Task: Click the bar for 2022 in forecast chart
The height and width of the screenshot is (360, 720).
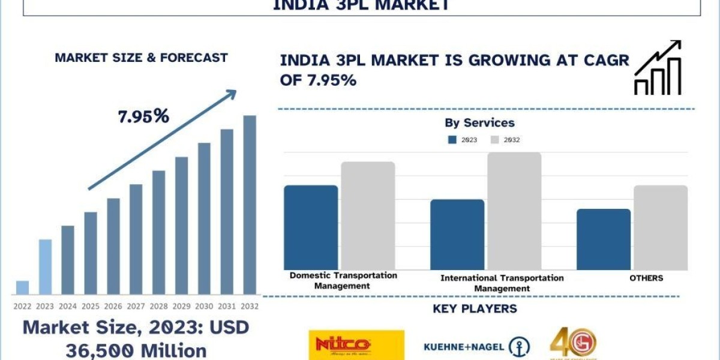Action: click(22, 287)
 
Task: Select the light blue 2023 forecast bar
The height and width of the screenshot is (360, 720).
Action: click(45, 267)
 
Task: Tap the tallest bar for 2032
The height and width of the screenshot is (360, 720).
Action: click(249, 205)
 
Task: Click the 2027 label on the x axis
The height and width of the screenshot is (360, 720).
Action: click(136, 305)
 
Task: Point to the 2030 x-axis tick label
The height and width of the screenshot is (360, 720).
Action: click(204, 305)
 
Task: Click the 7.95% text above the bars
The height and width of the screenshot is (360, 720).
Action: click(143, 116)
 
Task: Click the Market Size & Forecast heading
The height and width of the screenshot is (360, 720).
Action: click(141, 58)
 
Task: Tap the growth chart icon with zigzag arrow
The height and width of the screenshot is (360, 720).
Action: click(658, 68)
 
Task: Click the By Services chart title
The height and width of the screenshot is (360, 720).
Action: click(479, 123)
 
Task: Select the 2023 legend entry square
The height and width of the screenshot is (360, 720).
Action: click(452, 140)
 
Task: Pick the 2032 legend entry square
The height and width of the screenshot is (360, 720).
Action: click(495, 140)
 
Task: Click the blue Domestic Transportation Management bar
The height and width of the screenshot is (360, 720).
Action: click(311, 227)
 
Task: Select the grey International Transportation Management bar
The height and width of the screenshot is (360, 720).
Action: click(514, 211)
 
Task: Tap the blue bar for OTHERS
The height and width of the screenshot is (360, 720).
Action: click(603, 239)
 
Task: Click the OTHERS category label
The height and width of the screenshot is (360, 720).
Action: click(646, 278)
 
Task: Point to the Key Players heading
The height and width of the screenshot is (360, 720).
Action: click(475, 309)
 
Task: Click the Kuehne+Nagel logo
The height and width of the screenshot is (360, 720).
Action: click(476, 346)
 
